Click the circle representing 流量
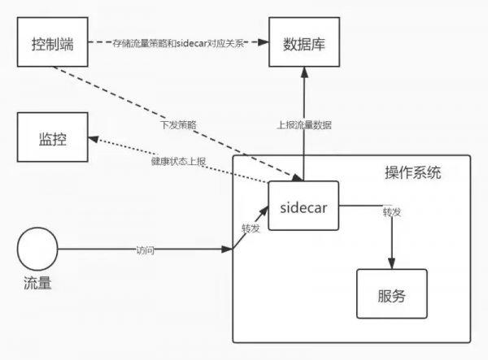[38, 249]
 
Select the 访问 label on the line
[145, 250]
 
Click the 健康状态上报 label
[179, 161]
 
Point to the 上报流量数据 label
[304, 125]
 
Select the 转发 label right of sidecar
[391, 212]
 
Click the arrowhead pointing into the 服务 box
[392, 264]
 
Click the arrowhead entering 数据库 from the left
[266, 41]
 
